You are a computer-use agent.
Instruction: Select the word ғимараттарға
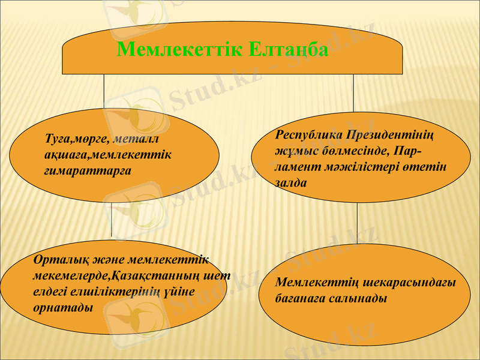(x=88, y=170)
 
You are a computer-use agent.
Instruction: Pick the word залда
(x=290, y=184)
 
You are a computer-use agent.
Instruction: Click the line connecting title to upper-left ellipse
(x=104, y=93)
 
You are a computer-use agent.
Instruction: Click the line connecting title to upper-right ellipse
(x=353, y=93)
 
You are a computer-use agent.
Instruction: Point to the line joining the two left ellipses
(x=112, y=219)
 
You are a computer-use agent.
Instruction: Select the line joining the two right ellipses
(x=358, y=222)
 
